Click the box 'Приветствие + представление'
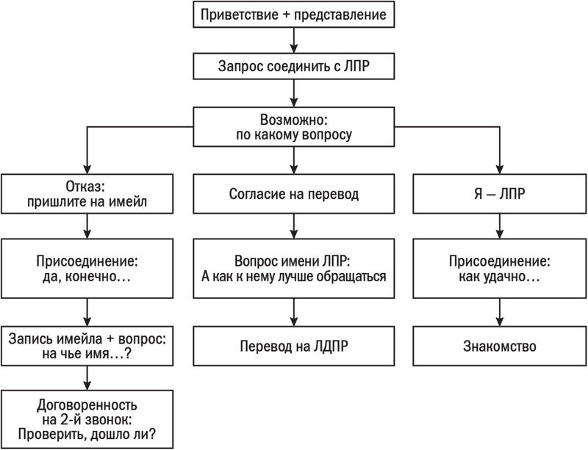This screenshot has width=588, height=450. click(294, 15)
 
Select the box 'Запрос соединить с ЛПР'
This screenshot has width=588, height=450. click(294, 66)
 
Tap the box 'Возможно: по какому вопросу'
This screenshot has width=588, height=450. click(294, 126)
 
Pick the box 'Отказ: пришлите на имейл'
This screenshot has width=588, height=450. click(87, 195)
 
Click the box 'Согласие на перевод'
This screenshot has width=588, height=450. click(294, 195)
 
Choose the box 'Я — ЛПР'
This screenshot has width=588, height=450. click(500, 195)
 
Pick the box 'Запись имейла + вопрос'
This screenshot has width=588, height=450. click(87, 346)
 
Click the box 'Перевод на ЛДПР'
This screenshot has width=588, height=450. click(294, 346)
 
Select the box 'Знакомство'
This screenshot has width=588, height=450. click(500, 346)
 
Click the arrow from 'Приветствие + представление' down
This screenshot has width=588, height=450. click(294, 40)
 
